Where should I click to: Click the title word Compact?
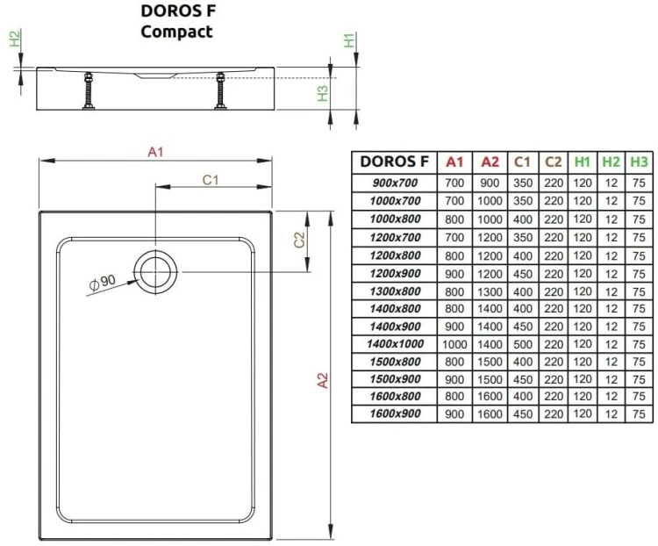[176, 32]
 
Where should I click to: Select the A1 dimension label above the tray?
[156, 152]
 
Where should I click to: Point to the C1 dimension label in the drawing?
[210, 179]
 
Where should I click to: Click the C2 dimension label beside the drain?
[298, 241]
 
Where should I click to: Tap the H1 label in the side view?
[348, 40]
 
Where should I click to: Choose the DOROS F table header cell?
[395, 162]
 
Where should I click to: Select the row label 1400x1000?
[395, 343]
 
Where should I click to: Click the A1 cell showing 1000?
[454, 343]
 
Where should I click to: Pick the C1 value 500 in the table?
[522, 343]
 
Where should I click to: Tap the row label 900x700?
[395, 183]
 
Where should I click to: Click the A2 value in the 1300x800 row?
[489, 291]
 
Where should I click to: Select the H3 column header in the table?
[639, 162]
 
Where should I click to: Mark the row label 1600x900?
[395, 413]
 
